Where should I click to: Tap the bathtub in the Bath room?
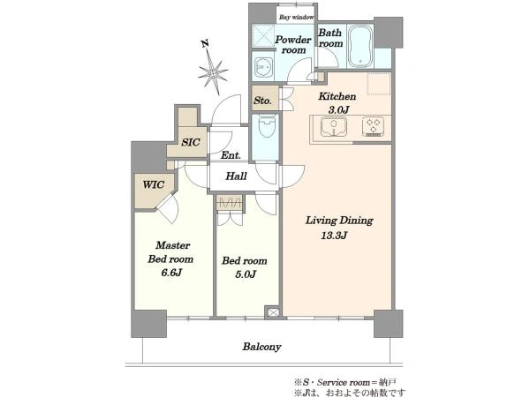click(360, 46)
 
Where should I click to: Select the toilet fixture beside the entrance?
click(267, 126)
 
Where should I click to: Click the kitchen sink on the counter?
click(334, 126)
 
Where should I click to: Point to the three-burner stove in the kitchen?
click(373, 126)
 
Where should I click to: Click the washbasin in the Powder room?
click(262, 68)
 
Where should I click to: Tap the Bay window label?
click(297, 18)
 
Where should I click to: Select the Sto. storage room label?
click(262, 101)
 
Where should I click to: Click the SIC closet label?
click(191, 142)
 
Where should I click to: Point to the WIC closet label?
click(154, 184)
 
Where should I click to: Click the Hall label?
click(236, 176)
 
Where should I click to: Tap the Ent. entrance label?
click(231, 155)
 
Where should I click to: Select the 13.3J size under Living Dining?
click(334, 236)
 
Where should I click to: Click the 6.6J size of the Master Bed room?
click(171, 273)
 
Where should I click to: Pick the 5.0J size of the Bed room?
click(246, 274)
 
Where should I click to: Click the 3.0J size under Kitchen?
click(338, 109)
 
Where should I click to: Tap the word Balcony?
click(261, 347)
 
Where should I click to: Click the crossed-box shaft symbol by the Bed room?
click(272, 312)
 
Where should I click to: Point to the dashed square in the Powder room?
click(262, 35)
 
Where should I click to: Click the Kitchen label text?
click(337, 96)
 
